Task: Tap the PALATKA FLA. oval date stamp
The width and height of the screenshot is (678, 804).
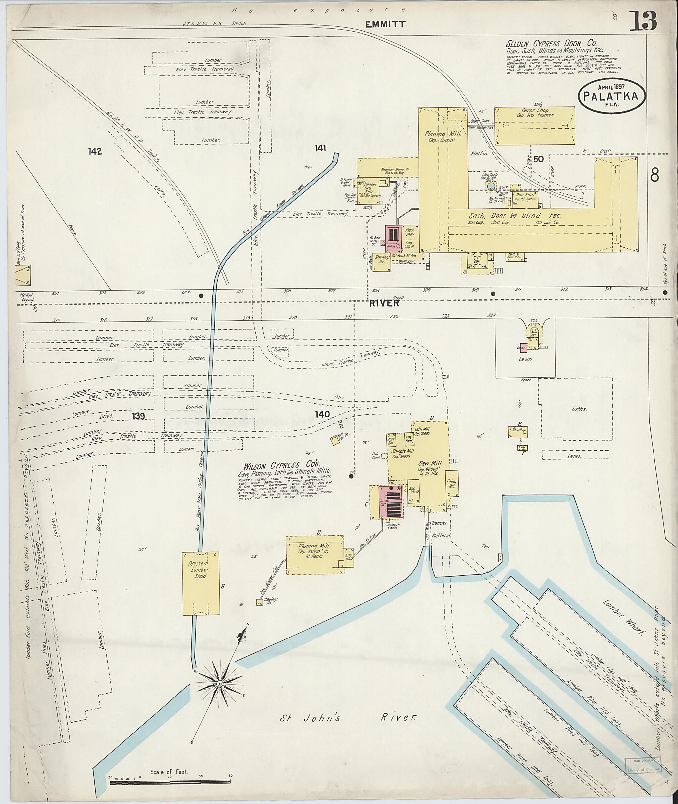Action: coord(612,96)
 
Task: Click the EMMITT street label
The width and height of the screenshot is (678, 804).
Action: coord(385,24)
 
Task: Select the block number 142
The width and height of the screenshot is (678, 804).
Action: coord(95,151)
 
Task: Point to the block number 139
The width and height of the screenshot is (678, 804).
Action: coord(138,416)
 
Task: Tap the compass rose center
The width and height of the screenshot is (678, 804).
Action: coord(219,684)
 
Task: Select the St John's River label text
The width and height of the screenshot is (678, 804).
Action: coord(348,717)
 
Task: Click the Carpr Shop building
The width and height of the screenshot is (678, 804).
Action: coord(534,126)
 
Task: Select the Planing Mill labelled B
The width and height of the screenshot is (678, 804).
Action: coord(315,554)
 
